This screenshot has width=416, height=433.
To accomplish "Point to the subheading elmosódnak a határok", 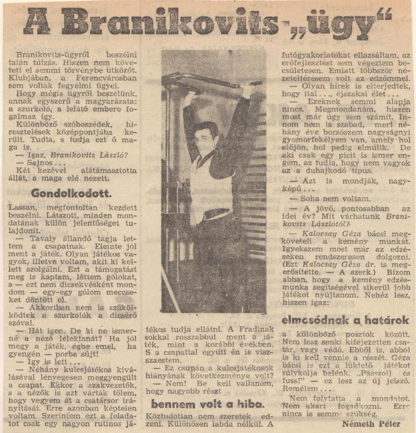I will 345,321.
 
